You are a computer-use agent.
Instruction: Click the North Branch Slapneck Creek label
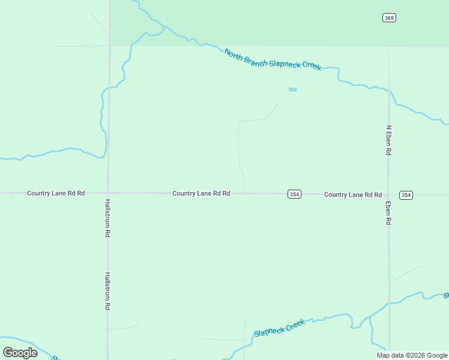[x=273, y=60]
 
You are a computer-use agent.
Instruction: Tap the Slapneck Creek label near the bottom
[x=280, y=328]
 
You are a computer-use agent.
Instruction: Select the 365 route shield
[x=389, y=17]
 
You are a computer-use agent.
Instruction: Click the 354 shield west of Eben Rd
[x=294, y=194]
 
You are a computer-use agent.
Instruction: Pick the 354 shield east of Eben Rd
[x=406, y=195]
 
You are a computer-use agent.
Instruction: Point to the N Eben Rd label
[x=389, y=140]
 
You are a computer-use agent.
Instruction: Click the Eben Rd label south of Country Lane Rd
[x=389, y=213]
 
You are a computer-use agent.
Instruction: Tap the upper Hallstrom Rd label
[x=108, y=217]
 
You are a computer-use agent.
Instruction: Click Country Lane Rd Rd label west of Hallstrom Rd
[x=56, y=193]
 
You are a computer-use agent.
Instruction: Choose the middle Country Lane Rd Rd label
[x=201, y=193]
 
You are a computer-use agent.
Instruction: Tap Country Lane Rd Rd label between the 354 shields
[x=353, y=194]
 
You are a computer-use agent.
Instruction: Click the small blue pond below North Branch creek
[x=292, y=90]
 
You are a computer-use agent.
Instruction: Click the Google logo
[x=20, y=353]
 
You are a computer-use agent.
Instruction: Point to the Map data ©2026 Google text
[x=412, y=355]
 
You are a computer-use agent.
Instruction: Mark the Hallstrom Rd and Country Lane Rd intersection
[x=109, y=193]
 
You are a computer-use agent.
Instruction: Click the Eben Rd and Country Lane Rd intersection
[x=389, y=194]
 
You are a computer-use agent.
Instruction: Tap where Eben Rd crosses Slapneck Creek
[x=389, y=303]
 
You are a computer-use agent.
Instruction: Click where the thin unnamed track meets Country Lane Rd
[x=244, y=193]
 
